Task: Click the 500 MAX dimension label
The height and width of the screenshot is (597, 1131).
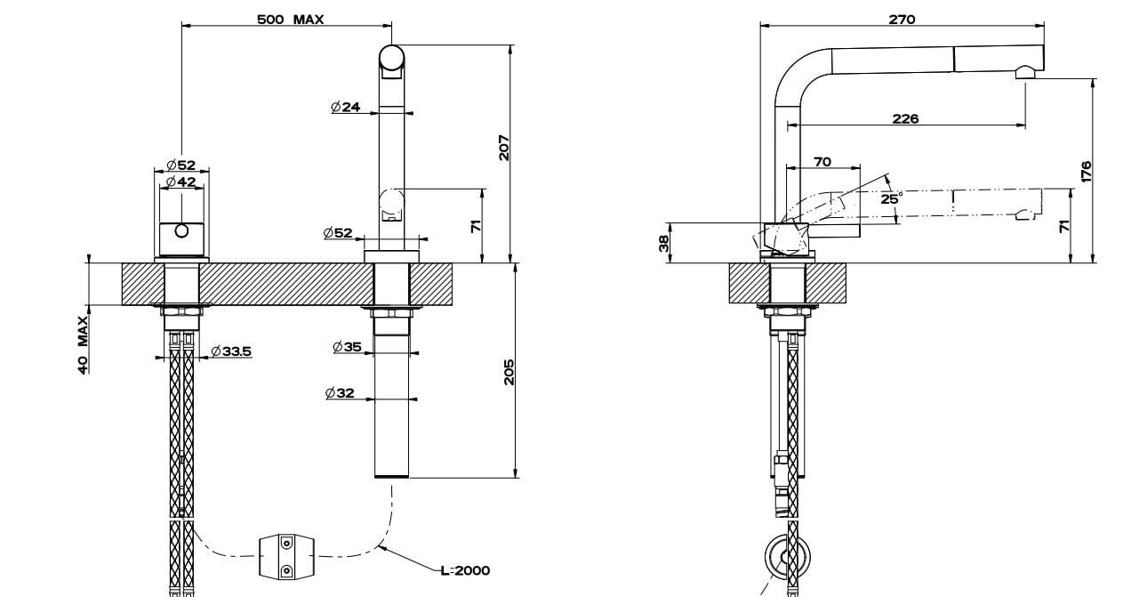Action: point(291,19)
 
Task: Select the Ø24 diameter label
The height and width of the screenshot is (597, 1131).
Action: point(345,108)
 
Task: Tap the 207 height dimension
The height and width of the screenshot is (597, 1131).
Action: point(503,148)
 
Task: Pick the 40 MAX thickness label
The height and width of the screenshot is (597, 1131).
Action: point(83,345)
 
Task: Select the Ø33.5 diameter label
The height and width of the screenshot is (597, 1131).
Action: point(231,351)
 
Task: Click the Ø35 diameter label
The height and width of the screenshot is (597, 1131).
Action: point(348,347)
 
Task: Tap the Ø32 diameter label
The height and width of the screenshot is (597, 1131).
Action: point(341,392)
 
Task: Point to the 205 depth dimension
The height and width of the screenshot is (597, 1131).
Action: point(509,372)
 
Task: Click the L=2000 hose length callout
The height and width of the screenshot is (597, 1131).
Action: point(465,570)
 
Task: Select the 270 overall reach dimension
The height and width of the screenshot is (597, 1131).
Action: point(902,19)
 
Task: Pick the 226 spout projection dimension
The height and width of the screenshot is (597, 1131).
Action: point(905,118)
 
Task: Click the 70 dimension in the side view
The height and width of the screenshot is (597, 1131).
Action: point(822,162)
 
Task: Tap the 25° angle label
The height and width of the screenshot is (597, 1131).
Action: point(891,198)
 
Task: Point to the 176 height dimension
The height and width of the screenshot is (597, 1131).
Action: point(1086,171)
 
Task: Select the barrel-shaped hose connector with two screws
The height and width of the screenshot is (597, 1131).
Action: point(286,556)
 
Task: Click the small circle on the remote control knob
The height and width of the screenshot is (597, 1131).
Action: point(181,231)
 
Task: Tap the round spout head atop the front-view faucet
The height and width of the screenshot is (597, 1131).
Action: point(392,58)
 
